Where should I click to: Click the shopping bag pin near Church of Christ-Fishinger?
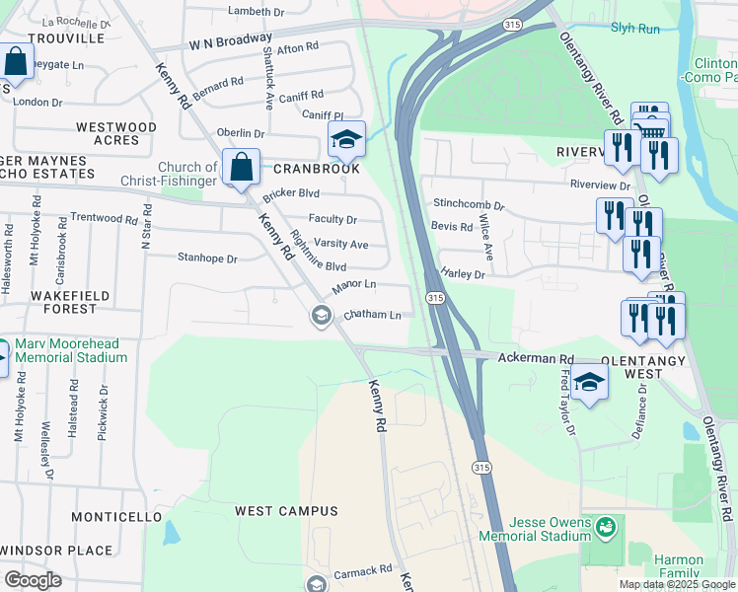tap(241, 168)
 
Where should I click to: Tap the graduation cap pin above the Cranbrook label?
tap(346, 140)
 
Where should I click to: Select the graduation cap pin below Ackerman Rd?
tap(589, 383)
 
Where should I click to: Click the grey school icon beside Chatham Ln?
tap(320, 316)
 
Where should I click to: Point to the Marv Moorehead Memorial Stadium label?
tap(70, 350)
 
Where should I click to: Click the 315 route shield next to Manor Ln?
tap(434, 297)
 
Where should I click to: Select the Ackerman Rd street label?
tap(536, 358)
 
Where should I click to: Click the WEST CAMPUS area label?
tap(286, 511)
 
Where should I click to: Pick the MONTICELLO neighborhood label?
tap(116, 517)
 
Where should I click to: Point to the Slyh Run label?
tap(634, 29)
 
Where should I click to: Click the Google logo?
tap(33, 580)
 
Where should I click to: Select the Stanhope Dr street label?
tap(207, 259)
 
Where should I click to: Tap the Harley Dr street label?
tap(464, 273)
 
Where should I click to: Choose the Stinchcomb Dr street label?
tap(469, 206)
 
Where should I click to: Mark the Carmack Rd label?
tap(364, 570)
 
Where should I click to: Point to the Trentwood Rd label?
tap(104, 218)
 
